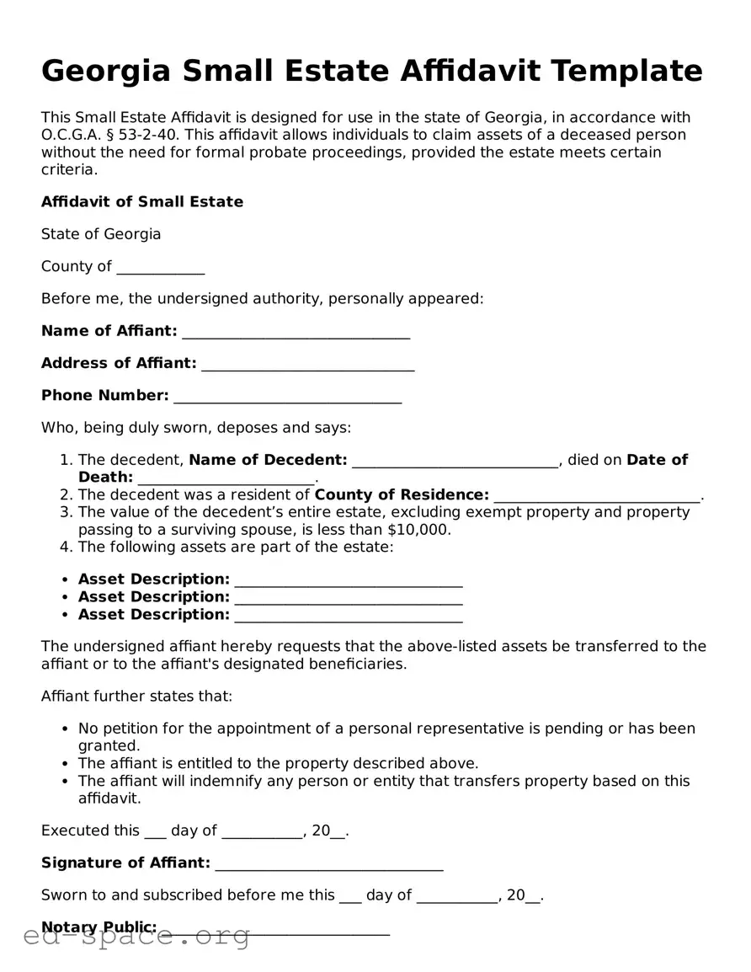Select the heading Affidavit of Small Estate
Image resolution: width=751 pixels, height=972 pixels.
(x=142, y=201)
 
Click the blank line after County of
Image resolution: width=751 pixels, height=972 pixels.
(x=160, y=269)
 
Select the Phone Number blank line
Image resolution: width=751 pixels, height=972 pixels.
(x=287, y=398)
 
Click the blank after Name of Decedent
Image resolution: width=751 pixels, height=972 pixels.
(x=455, y=462)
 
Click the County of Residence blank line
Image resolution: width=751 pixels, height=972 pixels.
(x=597, y=497)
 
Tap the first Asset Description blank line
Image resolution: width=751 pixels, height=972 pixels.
(x=349, y=581)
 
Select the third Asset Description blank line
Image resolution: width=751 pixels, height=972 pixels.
(x=349, y=617)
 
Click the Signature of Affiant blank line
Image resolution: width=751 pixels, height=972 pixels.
(x=328, y=865)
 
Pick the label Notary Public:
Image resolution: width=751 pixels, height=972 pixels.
(x=99, y=927)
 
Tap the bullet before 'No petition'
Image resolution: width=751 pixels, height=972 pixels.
(x=66, y=729)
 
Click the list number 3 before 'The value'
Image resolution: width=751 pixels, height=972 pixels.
(x=65, y=512)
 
